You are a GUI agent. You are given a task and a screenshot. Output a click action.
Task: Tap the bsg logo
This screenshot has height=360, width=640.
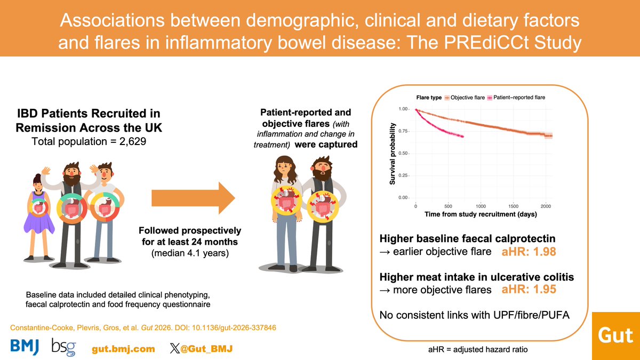point(63,347)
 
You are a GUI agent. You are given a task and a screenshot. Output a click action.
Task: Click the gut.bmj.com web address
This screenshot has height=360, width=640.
point(123,348)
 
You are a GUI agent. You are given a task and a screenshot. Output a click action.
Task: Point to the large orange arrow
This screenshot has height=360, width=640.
point(193,198)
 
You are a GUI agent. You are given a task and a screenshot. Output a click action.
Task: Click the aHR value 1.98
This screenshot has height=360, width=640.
point(529,251)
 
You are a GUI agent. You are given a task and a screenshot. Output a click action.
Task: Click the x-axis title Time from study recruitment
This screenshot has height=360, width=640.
point(481,214)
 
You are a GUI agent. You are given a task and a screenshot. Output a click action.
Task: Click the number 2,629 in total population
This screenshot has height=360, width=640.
point(130,141)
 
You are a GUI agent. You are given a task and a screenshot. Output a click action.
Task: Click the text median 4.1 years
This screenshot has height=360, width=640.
point(189,254)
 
